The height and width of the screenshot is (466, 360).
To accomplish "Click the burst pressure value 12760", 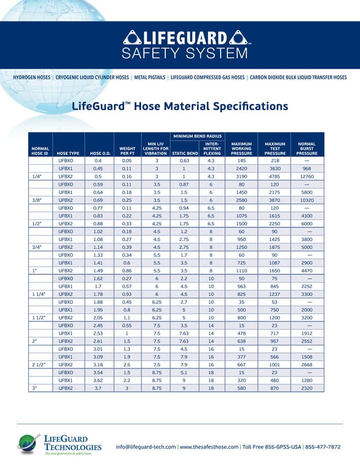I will (x=306, y=176).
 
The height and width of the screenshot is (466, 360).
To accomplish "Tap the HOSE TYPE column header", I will (x=68, y=153).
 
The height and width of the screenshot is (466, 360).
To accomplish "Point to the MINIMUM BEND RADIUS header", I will (x=197, y=136).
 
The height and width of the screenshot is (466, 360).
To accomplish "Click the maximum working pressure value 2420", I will (x=242, y=168).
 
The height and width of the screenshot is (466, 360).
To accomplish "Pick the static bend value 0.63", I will (x=185, y=160).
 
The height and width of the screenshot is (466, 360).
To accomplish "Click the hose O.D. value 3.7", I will (x=98, y=388).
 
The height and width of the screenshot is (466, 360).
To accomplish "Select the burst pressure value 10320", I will (x=306, y=200).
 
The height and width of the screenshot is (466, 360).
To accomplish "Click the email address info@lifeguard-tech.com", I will (x=146, y=447).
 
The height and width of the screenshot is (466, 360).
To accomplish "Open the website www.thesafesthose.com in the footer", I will (x=209, y=447).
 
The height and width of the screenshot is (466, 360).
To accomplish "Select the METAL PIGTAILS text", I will (x=149, y=77).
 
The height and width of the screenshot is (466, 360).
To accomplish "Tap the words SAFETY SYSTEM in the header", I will (x=186, y=54).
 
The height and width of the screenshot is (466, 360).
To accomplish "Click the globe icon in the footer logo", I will (x=27, y=443).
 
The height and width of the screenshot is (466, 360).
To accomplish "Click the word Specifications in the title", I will (x=246, y=106).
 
